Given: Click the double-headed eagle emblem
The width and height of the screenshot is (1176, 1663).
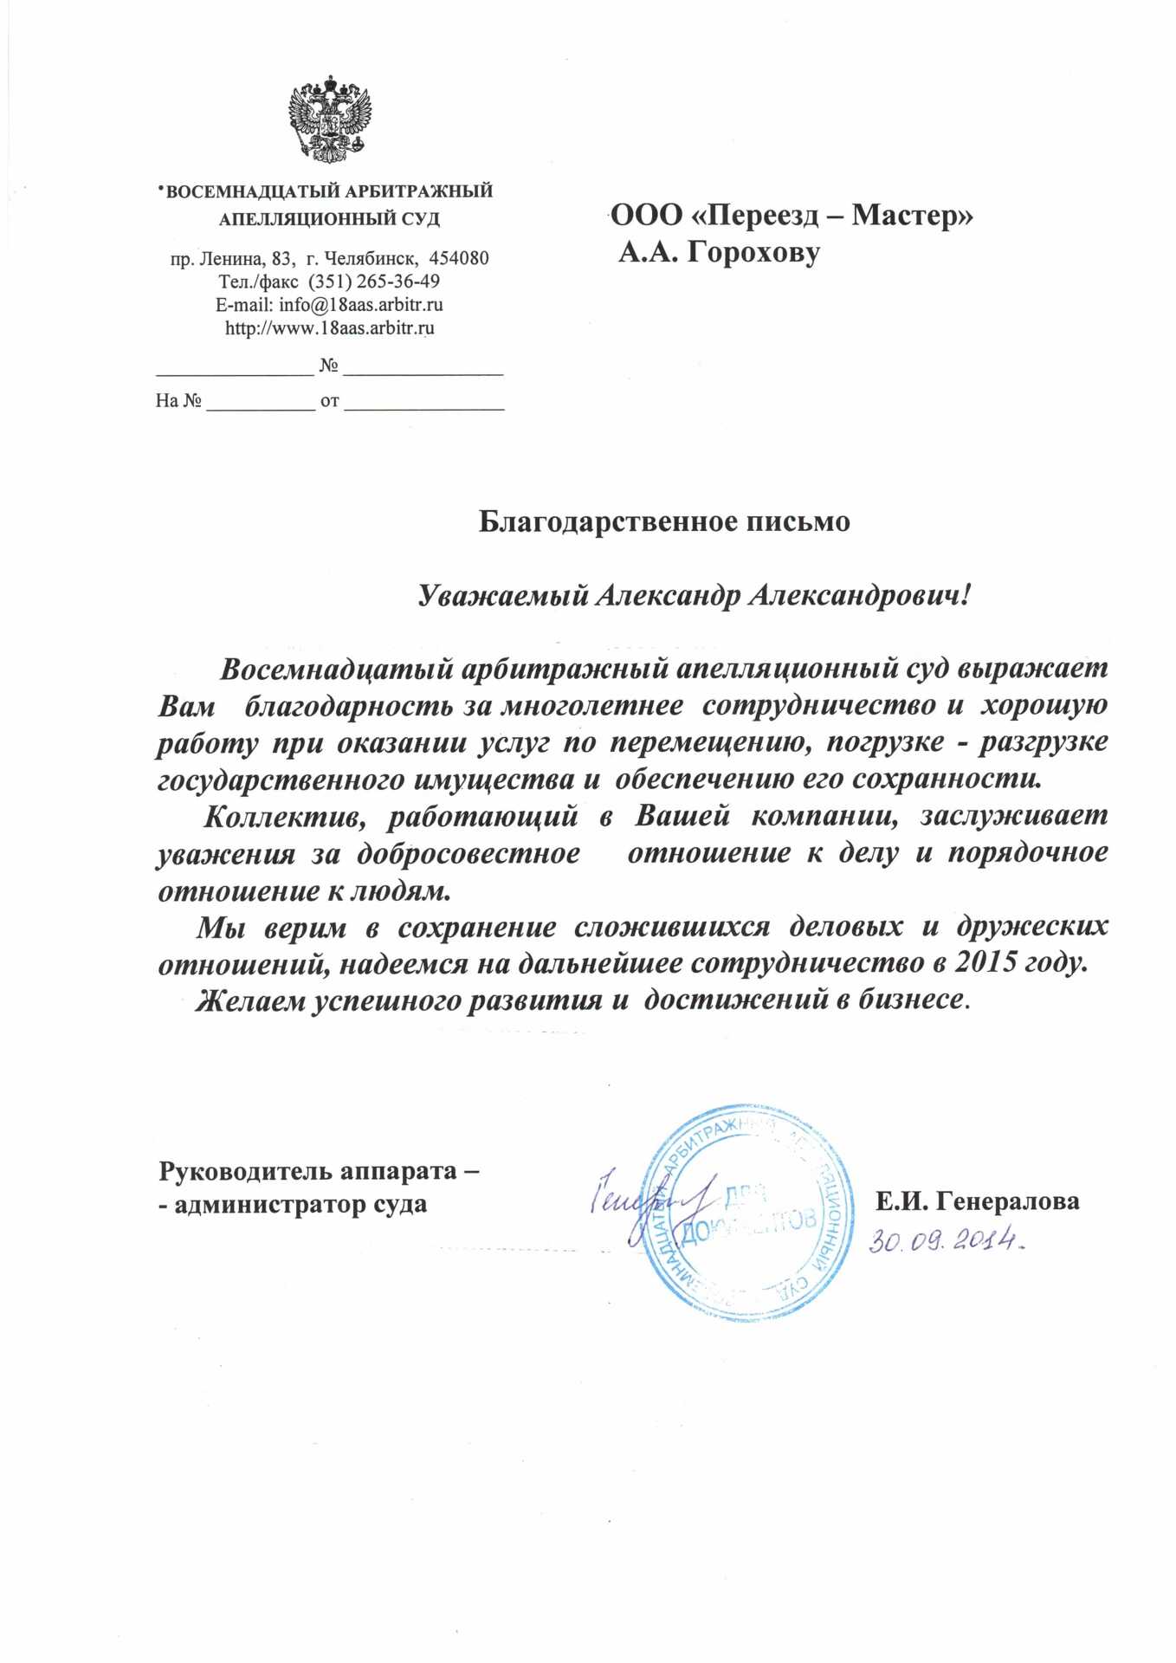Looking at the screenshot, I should tap(329, 119).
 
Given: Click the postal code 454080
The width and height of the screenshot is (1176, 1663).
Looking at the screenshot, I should tap(459, 258).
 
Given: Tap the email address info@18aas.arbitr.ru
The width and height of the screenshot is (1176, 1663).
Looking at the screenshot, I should tap(360, 305).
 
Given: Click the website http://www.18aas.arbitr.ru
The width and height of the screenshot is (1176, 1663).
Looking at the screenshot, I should tap(329, 328).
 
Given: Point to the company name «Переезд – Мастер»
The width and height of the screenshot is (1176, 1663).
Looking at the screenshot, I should tap(830, 215).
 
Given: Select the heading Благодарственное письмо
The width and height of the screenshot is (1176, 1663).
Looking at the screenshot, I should tap(664, 521).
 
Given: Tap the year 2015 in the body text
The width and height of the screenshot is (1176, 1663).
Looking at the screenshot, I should tap(985, 962).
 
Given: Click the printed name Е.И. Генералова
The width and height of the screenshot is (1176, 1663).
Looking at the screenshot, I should tap(977, 1201).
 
